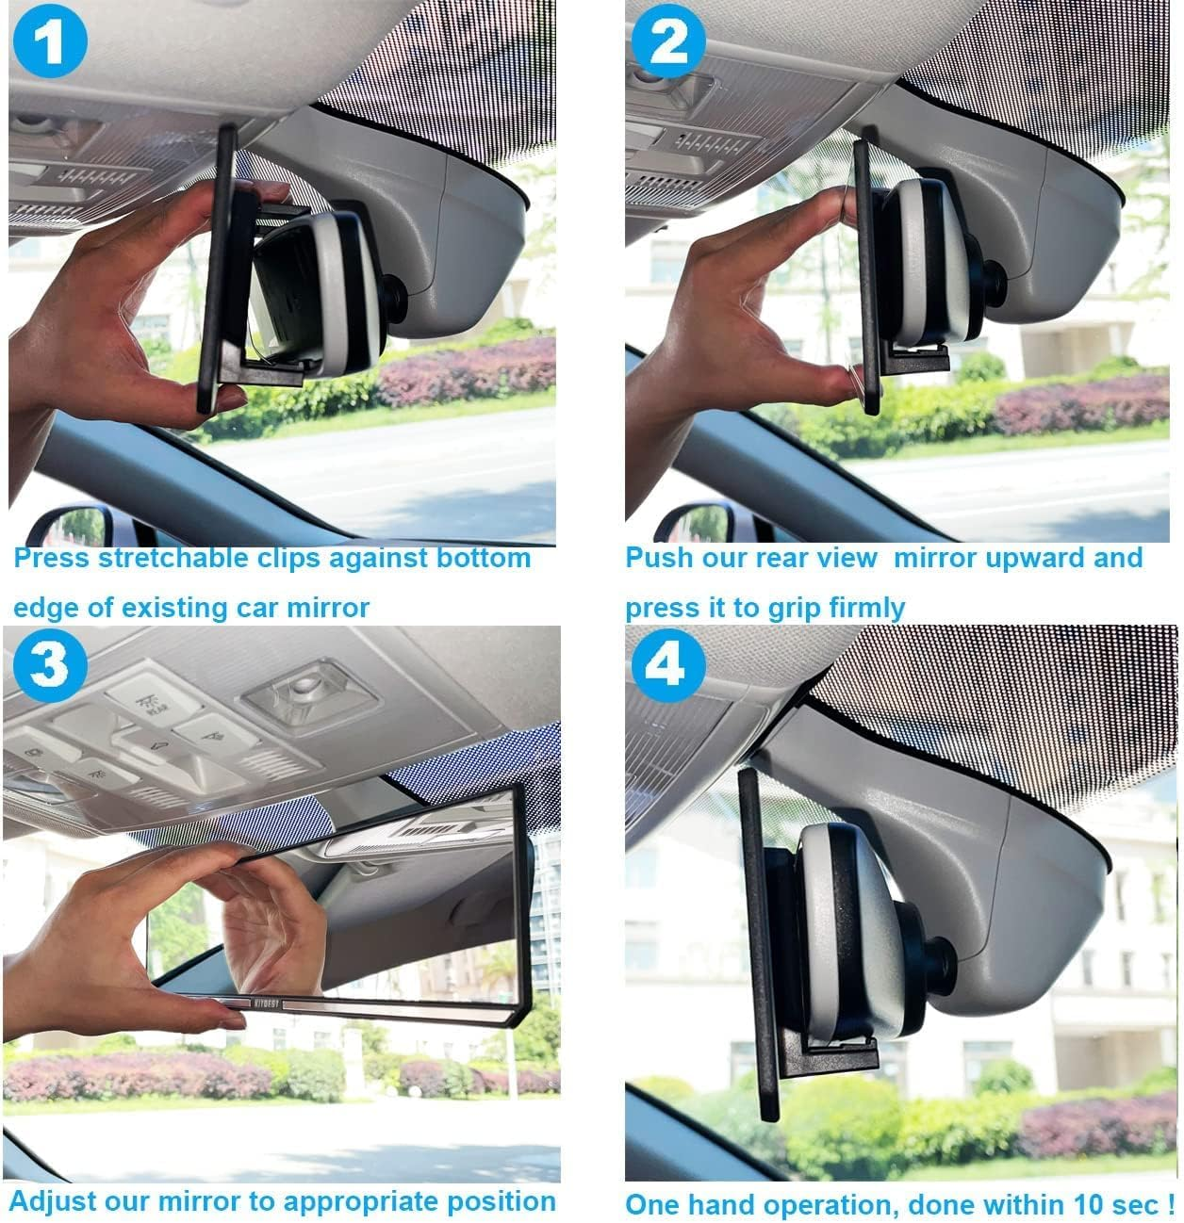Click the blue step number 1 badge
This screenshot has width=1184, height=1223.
pyautogui.click(x=50, y=43)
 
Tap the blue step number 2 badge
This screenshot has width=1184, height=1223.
pyautogui.click(x=668, y=41)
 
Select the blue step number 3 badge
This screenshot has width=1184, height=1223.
pyautogui.click(x=49, y=665)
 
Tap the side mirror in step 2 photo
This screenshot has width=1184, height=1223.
pyautogui.click(x=696, y=524)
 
